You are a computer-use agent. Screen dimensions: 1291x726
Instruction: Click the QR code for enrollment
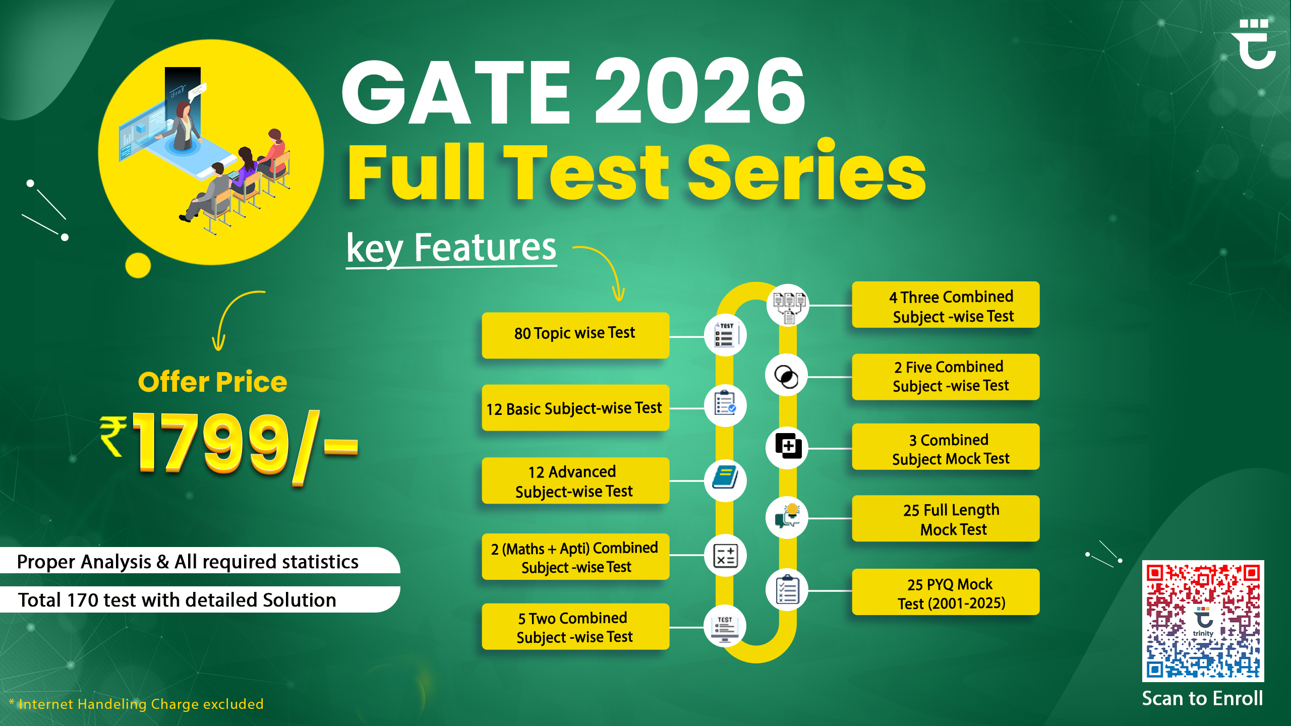tap(1203, 621)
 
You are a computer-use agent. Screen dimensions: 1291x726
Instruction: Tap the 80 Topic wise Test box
tap(575, 335)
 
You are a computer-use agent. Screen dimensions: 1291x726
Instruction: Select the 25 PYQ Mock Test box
tap(946, 592)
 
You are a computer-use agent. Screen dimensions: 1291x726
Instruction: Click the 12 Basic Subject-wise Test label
tap(574, 408)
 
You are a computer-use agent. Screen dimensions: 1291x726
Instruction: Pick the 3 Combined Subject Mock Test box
tap(946, 447)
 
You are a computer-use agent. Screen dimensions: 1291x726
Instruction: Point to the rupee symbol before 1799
tap(113, 436)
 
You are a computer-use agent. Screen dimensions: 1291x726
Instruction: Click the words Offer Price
tap(212, 382)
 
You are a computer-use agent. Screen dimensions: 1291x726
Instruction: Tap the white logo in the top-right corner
tap(1253, 44)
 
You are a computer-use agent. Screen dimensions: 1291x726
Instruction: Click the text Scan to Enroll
tap(1202, 699)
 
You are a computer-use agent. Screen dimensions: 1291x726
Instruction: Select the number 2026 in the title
tap(700, 91)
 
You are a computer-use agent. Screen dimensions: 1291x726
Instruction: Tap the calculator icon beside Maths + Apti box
tap(725, 555)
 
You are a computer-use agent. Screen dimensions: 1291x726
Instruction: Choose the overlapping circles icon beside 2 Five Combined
tap(786, 376)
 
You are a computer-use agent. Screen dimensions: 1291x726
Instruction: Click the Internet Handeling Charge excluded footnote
tap(136, 704)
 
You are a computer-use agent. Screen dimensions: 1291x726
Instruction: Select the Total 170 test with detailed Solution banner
tap(200, 600)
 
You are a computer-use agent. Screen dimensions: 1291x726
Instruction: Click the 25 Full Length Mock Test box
tap(946, 519)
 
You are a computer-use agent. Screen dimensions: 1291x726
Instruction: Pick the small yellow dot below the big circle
tap(138, 265)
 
